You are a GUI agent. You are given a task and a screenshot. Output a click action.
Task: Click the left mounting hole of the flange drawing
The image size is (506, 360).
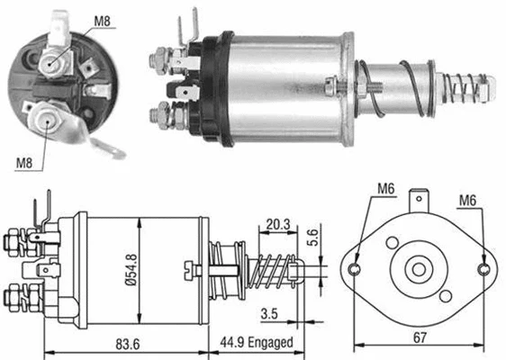[356, 268]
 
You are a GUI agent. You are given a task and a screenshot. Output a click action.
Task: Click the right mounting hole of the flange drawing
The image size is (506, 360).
[486, 268]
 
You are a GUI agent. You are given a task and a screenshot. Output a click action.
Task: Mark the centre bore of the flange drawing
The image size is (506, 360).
[420, 268]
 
